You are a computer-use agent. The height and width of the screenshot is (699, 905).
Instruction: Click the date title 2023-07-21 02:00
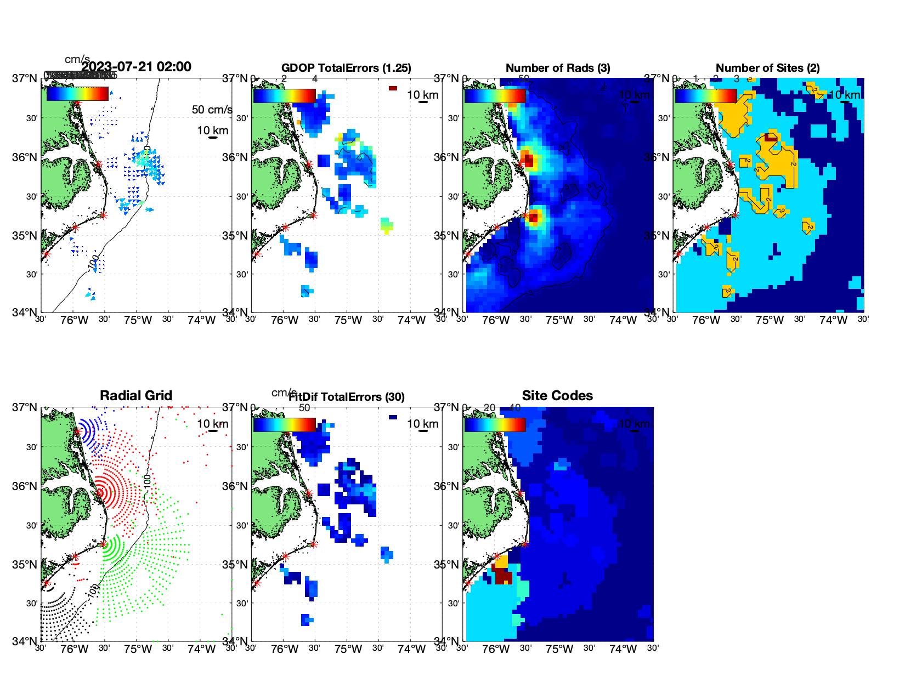pos(136,67)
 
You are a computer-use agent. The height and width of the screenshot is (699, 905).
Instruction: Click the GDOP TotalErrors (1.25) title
pos(346,68)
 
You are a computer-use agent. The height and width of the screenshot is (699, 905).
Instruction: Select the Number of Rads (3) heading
pos(558,68)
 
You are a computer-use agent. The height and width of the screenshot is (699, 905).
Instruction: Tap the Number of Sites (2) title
pos(768,68)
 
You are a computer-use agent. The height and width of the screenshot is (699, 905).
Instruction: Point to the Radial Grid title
pos(136,396)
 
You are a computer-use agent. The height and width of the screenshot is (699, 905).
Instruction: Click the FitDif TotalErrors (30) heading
pos(347,397)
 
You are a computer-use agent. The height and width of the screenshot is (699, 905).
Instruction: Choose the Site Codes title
pos(557,396)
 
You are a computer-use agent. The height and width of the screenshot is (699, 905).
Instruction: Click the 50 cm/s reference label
pos(212,110)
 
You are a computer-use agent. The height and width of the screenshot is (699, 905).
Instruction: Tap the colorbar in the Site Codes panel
pos(495,425)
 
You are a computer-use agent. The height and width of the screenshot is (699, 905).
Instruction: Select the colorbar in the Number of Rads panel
pos(495,96)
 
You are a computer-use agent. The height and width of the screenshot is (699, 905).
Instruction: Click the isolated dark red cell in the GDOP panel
pos(393,88)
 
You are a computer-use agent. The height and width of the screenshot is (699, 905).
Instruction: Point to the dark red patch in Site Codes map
pos(504,576)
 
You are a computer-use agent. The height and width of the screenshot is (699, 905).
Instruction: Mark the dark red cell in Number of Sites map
pos(771,137)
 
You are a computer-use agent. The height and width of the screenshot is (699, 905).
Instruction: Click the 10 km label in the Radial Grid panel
pos(212,424)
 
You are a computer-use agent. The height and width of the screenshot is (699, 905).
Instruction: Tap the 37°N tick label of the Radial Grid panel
pos(25,407)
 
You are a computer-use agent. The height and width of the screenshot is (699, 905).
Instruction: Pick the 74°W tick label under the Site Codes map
pos(623,649)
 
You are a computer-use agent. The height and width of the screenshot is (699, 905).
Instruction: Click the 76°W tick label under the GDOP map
pos(285,320)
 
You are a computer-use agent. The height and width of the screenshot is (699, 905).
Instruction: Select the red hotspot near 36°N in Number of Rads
pos(527,160)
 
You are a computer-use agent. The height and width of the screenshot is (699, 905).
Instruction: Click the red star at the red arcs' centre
pos(100,492)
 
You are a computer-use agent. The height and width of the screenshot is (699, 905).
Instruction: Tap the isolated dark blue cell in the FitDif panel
pos(393,417)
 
